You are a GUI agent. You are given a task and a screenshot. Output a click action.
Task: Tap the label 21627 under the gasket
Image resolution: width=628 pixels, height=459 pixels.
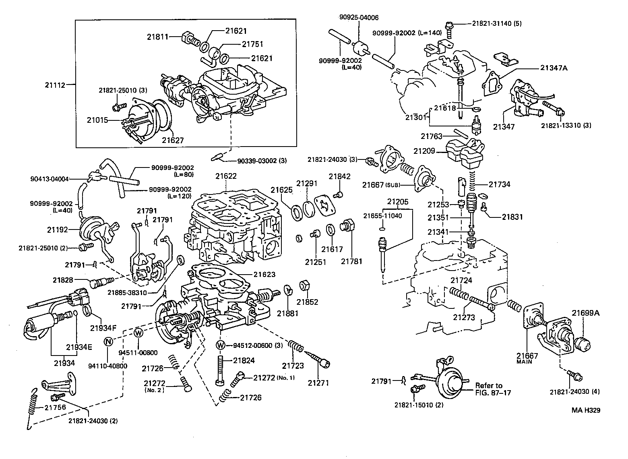pos(173,140)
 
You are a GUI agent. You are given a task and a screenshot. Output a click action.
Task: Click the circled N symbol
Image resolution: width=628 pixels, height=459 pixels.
pos(108,341)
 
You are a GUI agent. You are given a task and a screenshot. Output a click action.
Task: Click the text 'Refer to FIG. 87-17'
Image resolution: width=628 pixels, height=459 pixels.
pos(493,389)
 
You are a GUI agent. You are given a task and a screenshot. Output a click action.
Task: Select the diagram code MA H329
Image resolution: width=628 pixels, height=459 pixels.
pos(586,410)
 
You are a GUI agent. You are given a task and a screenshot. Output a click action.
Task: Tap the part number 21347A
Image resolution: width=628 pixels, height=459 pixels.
pos(554,68)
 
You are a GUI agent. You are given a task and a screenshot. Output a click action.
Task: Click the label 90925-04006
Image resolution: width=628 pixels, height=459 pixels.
pos(358,18)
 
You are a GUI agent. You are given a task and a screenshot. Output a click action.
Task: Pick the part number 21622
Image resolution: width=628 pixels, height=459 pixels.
pos(226,176)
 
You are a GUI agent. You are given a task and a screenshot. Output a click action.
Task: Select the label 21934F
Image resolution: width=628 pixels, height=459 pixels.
pos(103,327)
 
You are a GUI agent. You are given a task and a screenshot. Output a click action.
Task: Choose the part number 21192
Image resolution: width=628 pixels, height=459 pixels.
pos(58,230)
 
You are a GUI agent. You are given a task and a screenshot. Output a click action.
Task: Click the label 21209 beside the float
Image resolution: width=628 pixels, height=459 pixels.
pos(424,151)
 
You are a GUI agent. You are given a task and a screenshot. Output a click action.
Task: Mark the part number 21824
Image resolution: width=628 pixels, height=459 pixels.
pos(244,360)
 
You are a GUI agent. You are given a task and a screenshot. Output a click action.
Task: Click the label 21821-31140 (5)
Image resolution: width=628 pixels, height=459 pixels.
pos(497,23)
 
